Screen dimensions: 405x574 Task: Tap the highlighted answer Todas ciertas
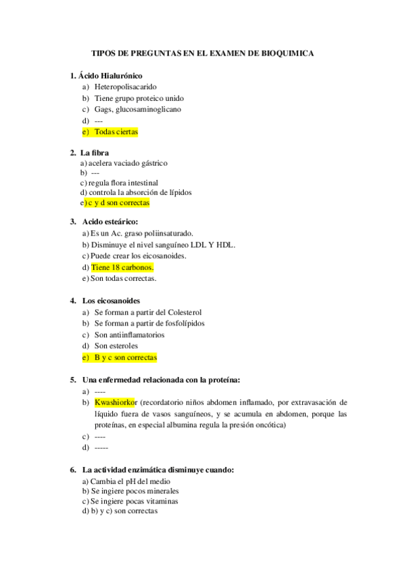coord(116,131)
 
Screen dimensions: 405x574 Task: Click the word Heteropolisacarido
coord(126,87)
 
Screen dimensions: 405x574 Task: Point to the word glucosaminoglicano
coord(148,109)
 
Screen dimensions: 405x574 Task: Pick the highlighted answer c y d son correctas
coord(118,202)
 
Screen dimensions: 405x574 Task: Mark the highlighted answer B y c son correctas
coord(125,357)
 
